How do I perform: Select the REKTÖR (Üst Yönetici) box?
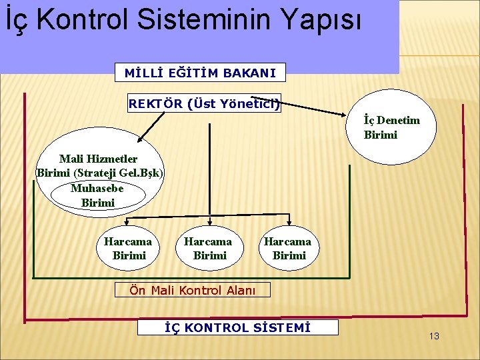(204, 103)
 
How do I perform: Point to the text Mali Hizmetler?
(98, 159)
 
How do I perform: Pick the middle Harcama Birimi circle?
(209, 248)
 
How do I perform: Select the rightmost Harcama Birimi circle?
(289, 248)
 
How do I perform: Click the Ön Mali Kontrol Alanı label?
(193, 289)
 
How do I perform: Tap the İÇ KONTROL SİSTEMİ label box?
(237, 327)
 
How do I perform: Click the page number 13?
(434, 336)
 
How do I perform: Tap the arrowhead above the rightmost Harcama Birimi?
(289, 223)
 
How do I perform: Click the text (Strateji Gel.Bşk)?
(100, 173)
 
